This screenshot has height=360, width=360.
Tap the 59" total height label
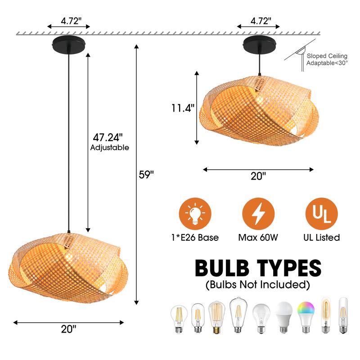pos(146,175)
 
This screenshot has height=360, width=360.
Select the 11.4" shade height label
pos(182,108)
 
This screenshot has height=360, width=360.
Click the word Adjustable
pos(110,148)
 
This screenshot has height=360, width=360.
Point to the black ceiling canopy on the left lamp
pos(69,45)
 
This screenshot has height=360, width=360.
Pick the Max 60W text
pos(258,237)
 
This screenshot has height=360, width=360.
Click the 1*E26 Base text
pos(195,237)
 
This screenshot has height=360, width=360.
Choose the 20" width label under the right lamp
pos(258,176)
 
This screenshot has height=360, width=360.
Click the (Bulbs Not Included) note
pos(258,284)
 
